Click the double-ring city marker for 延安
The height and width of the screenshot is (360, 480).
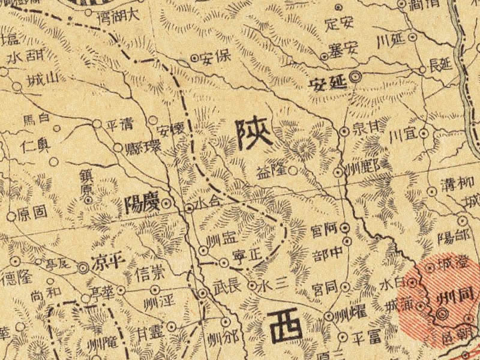[355, 77]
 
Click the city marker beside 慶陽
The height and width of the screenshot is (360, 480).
[167, 204]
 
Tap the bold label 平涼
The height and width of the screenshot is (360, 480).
[109, 262]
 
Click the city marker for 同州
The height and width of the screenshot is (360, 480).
[443, 313]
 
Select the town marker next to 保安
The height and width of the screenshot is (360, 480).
[194, 58]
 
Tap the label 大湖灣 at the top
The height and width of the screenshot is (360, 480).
[118, 16]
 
